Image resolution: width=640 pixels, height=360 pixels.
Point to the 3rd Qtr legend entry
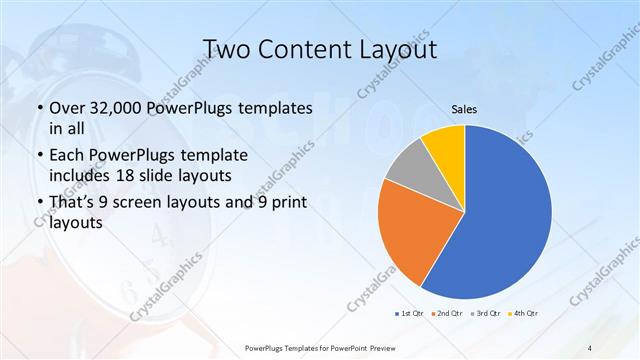(486, 313)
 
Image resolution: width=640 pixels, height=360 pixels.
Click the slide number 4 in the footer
(590, 346)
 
